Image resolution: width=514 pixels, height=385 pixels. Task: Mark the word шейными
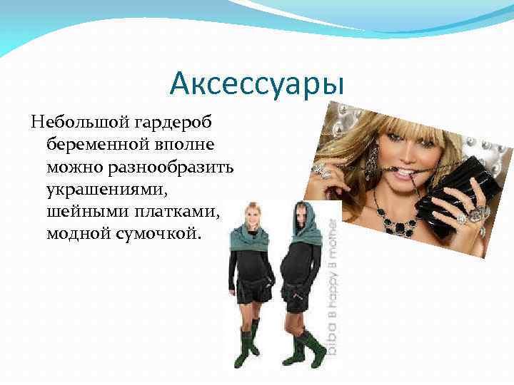click(80, 212)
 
